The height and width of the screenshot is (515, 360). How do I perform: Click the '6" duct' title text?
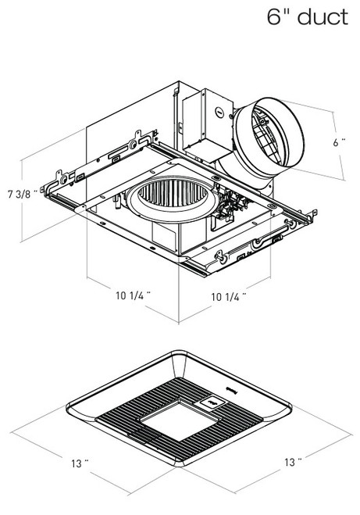click(307, 16)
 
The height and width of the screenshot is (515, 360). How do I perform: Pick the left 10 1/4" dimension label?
click(130, 295)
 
